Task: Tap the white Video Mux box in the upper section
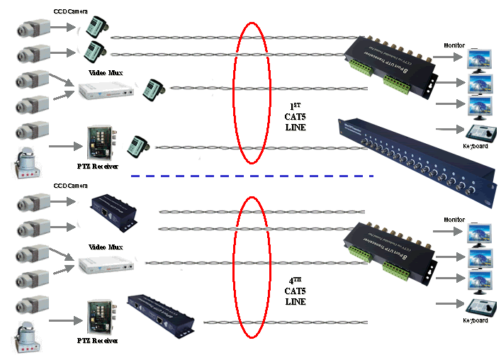[x=105, y=89]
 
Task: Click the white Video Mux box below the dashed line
[x=105, y=264]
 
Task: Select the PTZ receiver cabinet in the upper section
[x=99, y=144]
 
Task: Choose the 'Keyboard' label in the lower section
[x=475, y=320]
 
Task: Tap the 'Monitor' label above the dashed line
[x=454, y=45]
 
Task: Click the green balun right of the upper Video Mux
[x=152, y=89]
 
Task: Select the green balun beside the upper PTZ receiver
[x=136, y=147]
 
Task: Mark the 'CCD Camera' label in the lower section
[x=70, y=186]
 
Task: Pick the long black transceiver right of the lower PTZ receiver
[x=161, y=315]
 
